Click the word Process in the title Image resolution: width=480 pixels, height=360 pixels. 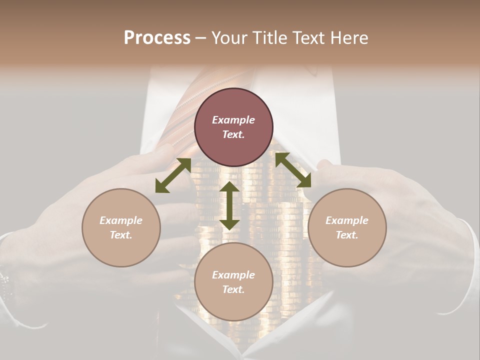click(157, 38)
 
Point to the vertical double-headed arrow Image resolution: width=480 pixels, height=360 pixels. click(229, 205)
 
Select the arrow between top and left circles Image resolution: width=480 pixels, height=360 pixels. click(173, 175)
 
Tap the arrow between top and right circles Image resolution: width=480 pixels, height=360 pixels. click(293, 170)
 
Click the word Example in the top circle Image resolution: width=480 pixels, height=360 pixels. click(233, 120)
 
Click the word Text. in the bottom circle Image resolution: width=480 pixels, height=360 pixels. click(233, 289)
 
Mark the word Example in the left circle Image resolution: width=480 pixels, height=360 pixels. click(121, 220)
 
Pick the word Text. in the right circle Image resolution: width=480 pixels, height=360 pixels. click(347, 235)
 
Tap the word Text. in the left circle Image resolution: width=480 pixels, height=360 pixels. click(121, 235)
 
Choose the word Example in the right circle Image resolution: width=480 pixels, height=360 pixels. click(347, 220)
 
